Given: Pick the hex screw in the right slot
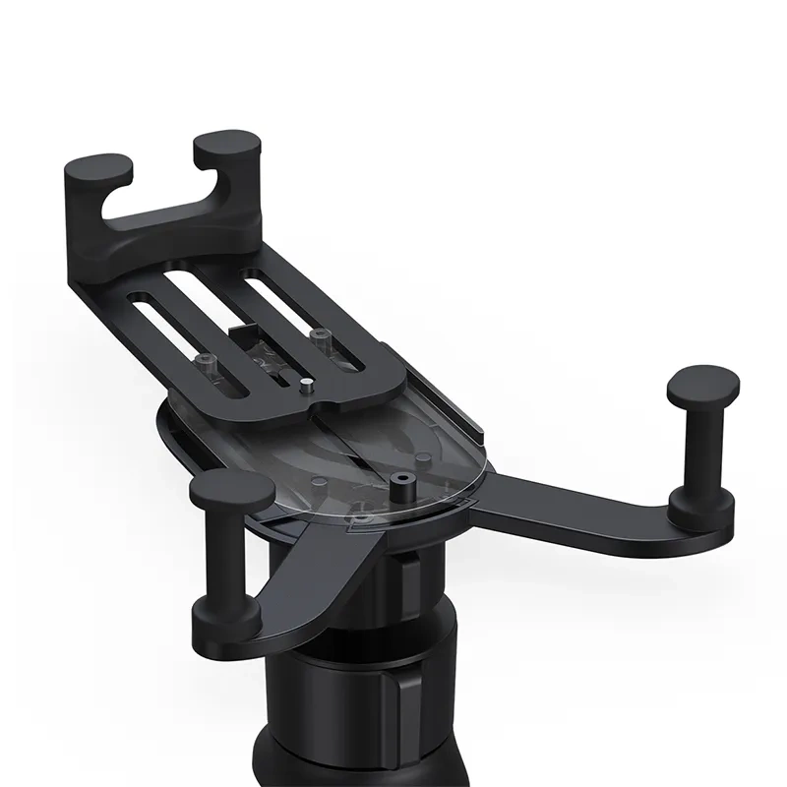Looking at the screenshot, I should pos(317,337).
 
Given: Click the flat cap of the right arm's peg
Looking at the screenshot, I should pos(700,384).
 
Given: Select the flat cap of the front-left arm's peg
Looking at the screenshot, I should pos(232,489).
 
